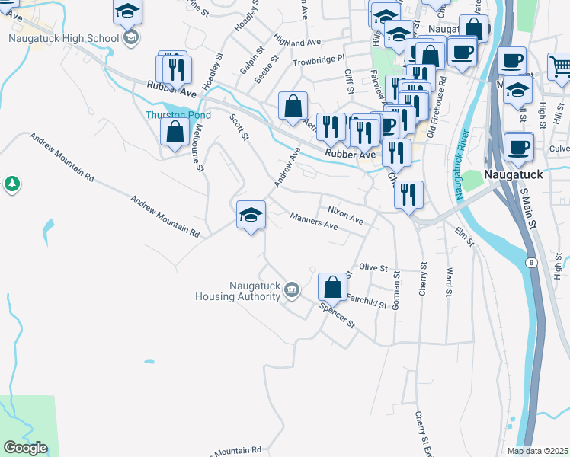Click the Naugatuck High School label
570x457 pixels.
click(64, 38)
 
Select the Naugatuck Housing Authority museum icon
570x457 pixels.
click(291, 289)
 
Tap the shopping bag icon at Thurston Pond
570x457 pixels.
click(175, 131)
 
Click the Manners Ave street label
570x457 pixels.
click(314, 221)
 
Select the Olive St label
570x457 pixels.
click(373, 267)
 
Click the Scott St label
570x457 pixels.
click(239, 127)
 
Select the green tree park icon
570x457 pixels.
click(11, 183)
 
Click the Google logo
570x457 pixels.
click(25, 448)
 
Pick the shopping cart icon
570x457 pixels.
click(560, 66)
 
